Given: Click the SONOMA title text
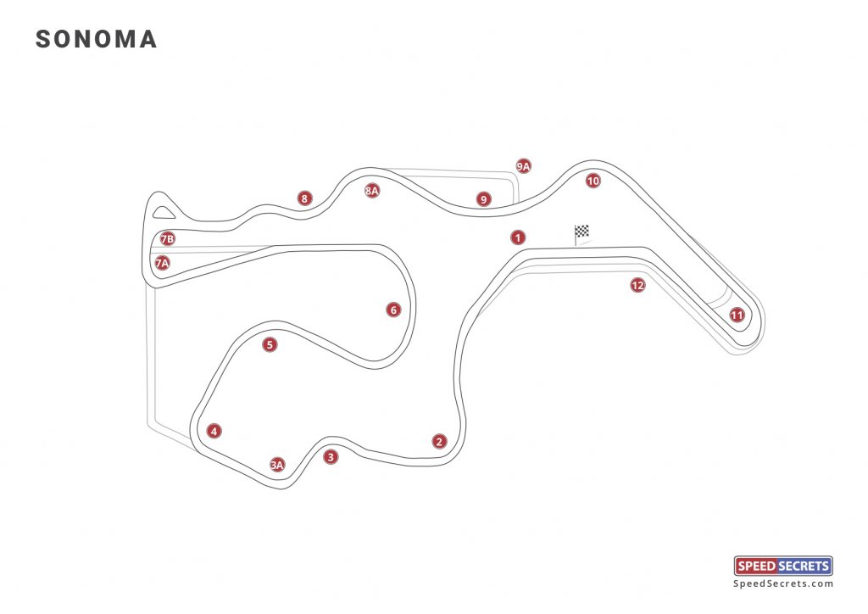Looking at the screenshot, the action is click(x=97, y=39).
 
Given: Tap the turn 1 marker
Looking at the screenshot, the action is click(x=518, y=237).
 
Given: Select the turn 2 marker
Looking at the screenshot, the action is click(x=440, y=441).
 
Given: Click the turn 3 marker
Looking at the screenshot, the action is click(x=331, y=457).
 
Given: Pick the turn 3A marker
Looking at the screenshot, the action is click(x=277, y=465).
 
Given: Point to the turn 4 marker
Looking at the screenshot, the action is click(x=214, y=431).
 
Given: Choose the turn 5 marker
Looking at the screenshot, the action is click(x=270, y=345).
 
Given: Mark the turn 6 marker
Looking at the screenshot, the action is click(x=393, y=310).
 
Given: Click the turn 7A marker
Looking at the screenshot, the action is click(x=162, y=263).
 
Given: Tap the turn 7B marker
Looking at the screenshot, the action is click(x=167, y=238).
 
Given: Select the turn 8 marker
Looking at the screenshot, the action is click(x=304, y=198).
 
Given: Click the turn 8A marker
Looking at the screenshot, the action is click(x=372, y=191).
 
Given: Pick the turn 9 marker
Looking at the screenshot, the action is click(x=484, y=199).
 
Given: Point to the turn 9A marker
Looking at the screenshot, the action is click(x=524, y=166).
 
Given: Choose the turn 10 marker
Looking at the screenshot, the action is click(x=593, y=181).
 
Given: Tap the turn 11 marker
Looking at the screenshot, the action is click(x=737, y=315).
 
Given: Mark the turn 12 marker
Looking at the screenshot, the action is click(x=637, y=285).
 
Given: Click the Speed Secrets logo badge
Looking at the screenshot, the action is click(x=783, y=566).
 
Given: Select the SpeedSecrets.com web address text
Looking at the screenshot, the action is click(x=783, y=583).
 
